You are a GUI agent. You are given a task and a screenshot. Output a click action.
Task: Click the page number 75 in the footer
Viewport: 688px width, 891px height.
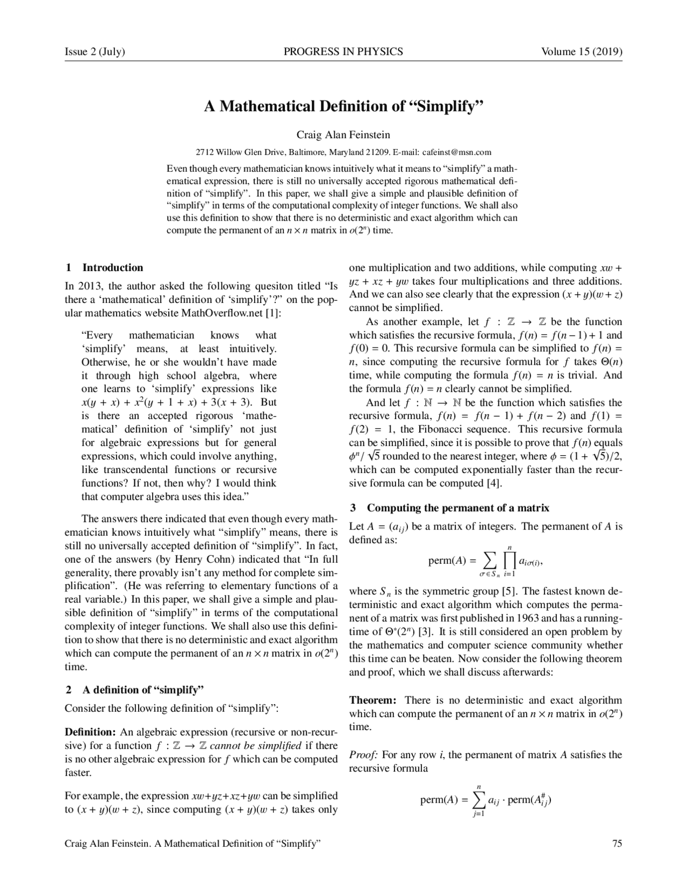pos(617,843)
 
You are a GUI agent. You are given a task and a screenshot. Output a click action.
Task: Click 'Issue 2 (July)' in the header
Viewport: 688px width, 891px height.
pos(95,52)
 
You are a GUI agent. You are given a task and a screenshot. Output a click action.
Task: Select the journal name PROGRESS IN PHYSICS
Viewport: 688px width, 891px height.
pos(343,52)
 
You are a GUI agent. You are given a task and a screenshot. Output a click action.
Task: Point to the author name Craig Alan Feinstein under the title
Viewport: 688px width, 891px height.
pos(343,135)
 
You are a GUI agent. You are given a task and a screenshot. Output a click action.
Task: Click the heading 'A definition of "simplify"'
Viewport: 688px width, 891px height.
pos(143,690)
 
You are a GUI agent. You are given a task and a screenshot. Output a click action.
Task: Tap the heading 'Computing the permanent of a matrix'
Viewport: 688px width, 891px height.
pos(458,507)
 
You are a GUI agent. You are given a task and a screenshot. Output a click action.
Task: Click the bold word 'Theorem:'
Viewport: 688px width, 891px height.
pos(372,700)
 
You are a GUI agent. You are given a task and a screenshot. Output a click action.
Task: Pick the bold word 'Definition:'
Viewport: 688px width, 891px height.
pos(90,732)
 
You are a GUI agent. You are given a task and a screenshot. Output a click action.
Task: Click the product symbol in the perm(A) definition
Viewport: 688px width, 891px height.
pos(508,561)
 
